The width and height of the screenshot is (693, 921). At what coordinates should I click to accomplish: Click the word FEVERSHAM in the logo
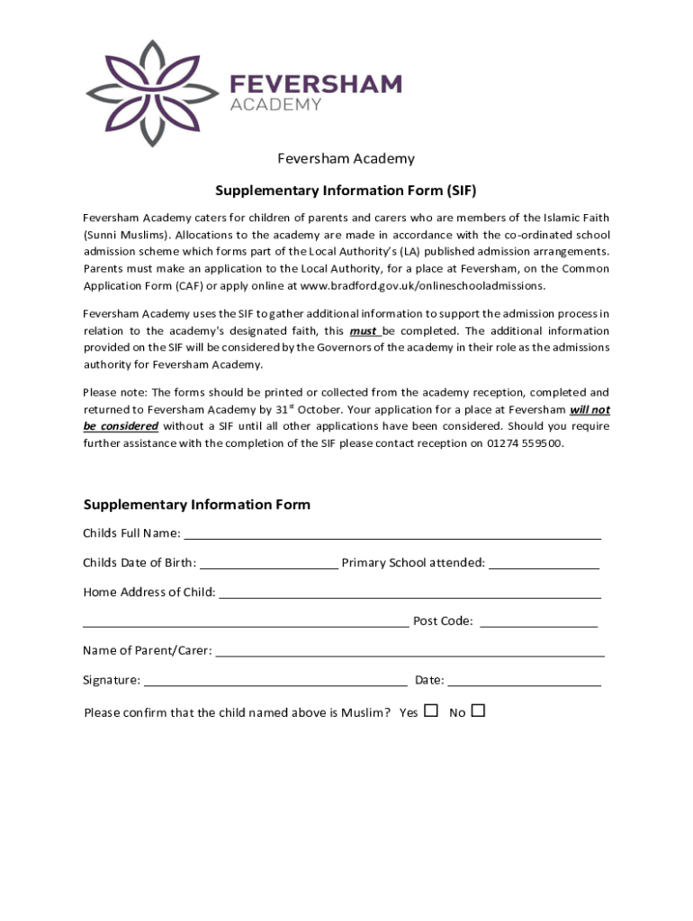click(x=315, y=85)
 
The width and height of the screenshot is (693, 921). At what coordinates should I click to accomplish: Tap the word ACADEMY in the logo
click(x=275, y=105)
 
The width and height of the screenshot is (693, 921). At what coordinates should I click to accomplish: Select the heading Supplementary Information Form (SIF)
click(x=346, y=191)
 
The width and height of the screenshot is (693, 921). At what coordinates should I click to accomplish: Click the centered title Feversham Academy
click(x=346, y=159)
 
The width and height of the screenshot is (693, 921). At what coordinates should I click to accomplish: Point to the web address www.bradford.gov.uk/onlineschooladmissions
click(x=422, y=286)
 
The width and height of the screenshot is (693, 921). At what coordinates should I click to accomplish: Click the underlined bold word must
click(x=364, y=331)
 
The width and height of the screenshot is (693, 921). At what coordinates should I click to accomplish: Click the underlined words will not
click(x=589, y=409)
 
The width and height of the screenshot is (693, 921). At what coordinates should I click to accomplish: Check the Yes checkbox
click(x=431, y=711)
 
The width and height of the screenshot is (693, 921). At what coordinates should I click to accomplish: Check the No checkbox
click(x=478, y=711)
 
